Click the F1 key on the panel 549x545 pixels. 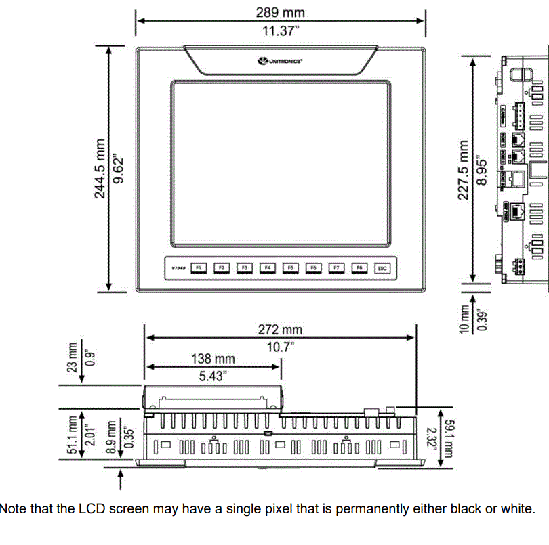pos(199,268)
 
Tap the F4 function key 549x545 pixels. pos(267,268)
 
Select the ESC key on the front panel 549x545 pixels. pos(383,268)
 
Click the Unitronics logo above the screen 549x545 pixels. pos(280,61)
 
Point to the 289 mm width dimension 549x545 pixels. pos(280,12)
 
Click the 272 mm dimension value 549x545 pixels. pos(280,330)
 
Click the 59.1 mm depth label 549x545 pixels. pos(448,437)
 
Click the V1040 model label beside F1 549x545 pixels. pos(178,269)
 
